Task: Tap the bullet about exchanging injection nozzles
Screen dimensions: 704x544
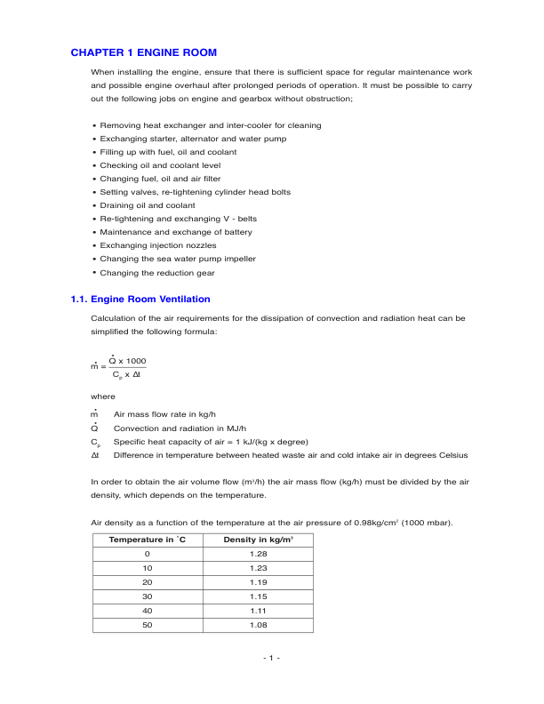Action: tap(157, 245)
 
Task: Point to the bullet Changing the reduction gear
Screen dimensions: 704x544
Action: tap(157, 272)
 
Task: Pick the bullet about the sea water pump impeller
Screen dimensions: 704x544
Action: tap(178, 259)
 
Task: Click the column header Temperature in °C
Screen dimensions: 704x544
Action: tap(147, 540)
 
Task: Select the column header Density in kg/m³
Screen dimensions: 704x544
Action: tap(258, 540)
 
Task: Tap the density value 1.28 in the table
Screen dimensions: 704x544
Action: tap(258, 555)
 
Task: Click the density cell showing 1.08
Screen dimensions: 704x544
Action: tap(258, 625)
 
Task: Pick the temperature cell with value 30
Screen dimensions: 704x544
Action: tap(147, 597)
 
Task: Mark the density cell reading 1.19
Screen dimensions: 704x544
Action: tap(258, 583)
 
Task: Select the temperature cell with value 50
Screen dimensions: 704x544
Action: tap(147, 625)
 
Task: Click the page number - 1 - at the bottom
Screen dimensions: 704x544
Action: tap(272, 658)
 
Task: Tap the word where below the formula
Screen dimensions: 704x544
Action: tap(103, 396)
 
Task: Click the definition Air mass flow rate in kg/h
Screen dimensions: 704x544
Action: tap(164, 414)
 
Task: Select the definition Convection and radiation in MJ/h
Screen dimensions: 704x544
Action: tap(180, 428)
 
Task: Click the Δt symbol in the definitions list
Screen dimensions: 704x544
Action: tap(96, 454)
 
